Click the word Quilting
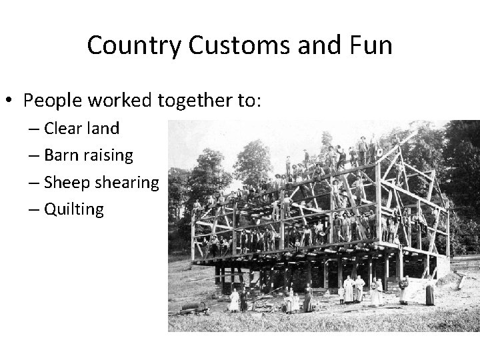pyautogui.click(x=74, y=210)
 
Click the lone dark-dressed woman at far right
pyautogui.click(x=430, y=294)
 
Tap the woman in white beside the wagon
pyautogui.click(x=234, y=301)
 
